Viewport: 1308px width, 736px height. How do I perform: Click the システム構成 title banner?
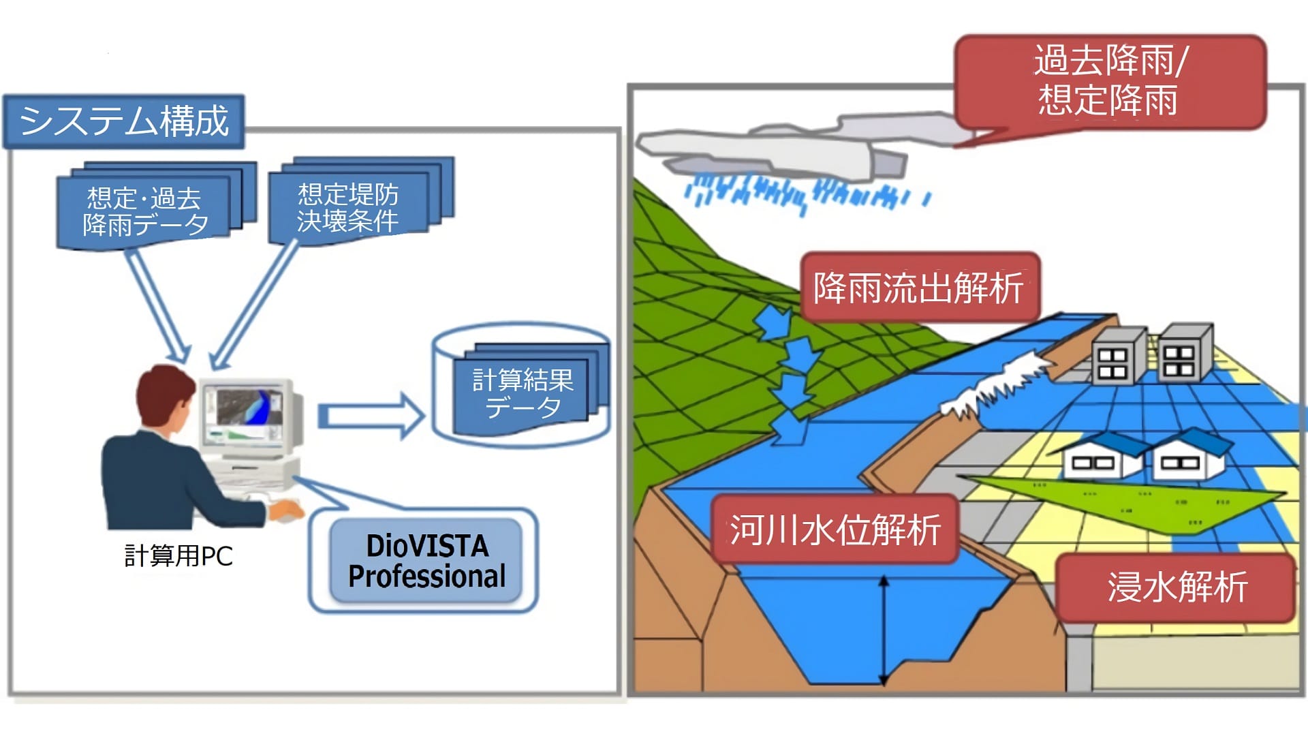[123, 121]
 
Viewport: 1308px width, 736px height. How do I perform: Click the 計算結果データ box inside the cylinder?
[523, 393]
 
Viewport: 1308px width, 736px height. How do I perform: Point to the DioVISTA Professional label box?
[426, 561]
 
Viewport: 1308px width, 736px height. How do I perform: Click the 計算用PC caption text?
[178, 556]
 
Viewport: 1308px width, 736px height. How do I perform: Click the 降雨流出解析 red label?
[919, 287]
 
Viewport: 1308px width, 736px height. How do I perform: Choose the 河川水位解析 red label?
[835, 530]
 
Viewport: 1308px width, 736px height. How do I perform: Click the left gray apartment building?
[1117, 357]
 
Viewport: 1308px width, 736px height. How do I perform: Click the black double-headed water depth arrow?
[884, 630]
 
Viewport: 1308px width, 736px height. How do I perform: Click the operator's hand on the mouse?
[286, 510]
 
